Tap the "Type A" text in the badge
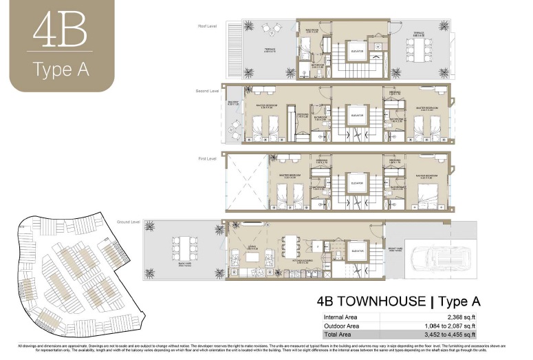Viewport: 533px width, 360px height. [x=61, y=70]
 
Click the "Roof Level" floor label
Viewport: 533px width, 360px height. [x=208, y=26]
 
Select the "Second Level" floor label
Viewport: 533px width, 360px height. [x=206, y=90]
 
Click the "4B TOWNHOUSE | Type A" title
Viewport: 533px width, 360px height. [x=398, y=301]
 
